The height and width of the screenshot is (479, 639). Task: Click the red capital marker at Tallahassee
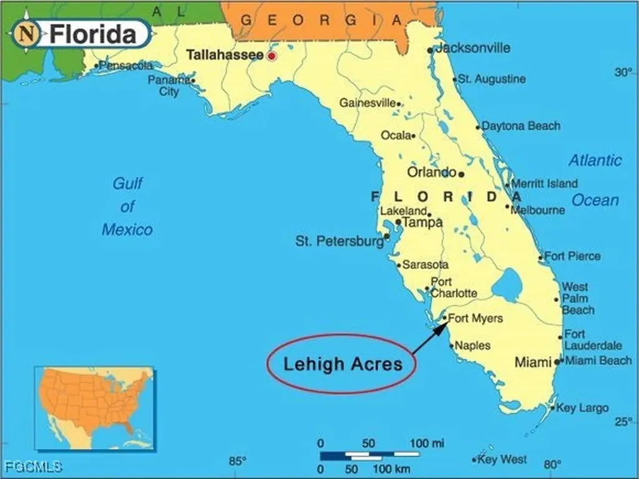(x=271, y=56)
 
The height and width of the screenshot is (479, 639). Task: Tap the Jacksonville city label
(x=472, y=48)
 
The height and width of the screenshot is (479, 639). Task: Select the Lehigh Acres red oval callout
(x=342, y=364)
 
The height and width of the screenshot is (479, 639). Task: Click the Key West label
(x=502, y=460)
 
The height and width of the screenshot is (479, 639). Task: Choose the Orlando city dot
(x=461, y=174)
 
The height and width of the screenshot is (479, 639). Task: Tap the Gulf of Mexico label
(x=127, y=206)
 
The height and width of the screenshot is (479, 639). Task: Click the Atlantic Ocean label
(x=595, y=180)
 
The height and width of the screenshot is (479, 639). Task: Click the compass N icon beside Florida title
(x=26, y=33)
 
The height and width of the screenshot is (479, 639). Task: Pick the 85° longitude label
(x=237, y=462)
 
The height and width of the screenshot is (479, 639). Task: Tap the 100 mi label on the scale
(x=427, y=443)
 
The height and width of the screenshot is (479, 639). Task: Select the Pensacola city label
(x=127, y=65)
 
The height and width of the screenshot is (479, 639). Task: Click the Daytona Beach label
(x=521, y=126)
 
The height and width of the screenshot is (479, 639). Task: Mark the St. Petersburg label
(x=339, y=241)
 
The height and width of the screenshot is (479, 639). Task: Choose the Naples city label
(x=473, y=346)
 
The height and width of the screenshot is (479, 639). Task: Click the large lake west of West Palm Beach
(x=506, y=286)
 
